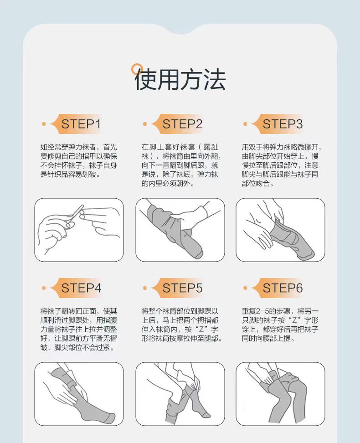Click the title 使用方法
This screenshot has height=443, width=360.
(180, 79)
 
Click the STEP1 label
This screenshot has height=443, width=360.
(81, 124)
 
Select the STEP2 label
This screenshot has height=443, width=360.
(182, 124)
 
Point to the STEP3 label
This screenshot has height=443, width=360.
(283, 124)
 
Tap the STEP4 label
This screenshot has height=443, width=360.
(81, 288)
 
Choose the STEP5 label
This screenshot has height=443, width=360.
(182, 288)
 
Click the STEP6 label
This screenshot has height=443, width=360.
(283, 288)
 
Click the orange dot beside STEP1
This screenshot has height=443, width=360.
(43, 124)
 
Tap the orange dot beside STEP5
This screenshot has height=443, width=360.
(145, 288)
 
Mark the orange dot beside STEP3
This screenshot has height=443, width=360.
(245, 124)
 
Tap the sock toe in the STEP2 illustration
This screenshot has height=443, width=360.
(198, 253)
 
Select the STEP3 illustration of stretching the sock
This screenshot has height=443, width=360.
(280, 230)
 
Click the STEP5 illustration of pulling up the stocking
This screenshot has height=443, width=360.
(180, 394)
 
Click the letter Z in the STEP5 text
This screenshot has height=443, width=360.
(201, 330)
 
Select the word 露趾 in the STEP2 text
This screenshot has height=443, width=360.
(211, 147)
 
